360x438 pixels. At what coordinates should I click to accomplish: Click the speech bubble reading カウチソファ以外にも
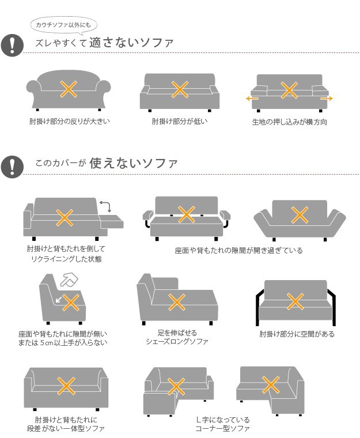coord(64,25)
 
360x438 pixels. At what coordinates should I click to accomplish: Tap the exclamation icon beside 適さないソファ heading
coord(12,46)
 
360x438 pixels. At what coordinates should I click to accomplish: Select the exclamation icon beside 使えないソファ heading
coord(12,167)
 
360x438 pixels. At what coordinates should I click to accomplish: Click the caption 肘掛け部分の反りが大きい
coord(70,121)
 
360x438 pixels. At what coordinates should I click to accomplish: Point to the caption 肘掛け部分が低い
coord(180,121)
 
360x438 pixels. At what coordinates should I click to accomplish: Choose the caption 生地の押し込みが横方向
coord(290,122)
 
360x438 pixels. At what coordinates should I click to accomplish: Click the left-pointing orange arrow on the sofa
coord(252,99)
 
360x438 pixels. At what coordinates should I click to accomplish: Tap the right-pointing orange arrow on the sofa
coord(327,99)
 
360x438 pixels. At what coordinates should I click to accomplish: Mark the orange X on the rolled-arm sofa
coord(69,89)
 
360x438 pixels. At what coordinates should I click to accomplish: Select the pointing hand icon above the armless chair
coord(69,280)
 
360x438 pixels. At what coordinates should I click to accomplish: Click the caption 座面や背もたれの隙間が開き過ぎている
coord(239,250)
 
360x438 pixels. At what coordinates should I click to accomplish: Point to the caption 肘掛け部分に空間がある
coord(297,334)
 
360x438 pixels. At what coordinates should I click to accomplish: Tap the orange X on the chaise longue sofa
coord(177,302)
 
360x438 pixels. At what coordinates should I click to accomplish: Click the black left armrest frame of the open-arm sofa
coord(258,307)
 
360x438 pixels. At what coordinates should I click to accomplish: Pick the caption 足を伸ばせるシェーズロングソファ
coord(177,337)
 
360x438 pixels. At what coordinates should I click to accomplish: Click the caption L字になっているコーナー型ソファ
coord(222,424)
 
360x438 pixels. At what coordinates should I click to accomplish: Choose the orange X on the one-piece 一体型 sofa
coord(66,386)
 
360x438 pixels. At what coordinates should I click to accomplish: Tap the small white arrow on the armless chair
coord(59,300)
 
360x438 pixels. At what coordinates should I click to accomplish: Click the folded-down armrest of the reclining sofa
coord(111,221)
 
